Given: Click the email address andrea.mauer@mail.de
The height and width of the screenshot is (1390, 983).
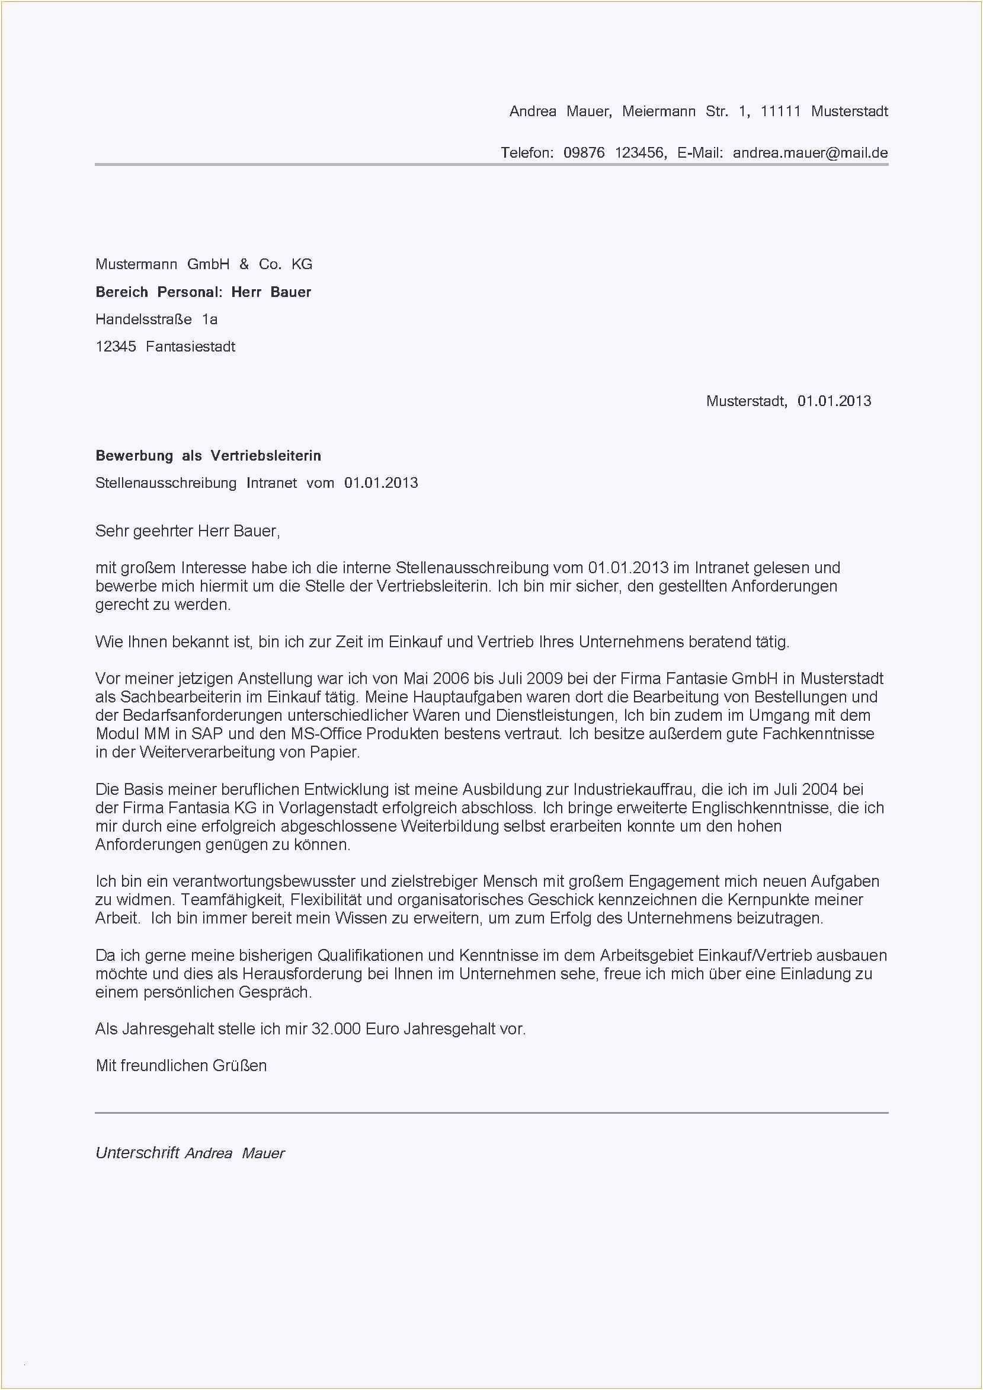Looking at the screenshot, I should click(x=810, y=152).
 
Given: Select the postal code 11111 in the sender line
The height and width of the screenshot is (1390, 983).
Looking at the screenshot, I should click(x=780, y=111).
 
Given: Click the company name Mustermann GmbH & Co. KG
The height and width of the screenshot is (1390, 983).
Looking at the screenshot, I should click(x=204, y=264).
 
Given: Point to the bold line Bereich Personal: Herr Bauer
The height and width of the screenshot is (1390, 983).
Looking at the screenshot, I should click(x=203, y=292).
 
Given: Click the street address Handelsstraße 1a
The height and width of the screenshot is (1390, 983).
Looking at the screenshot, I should click(x=156, y=319).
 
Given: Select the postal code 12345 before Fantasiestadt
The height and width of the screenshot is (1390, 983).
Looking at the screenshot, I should click(x=116, y=347).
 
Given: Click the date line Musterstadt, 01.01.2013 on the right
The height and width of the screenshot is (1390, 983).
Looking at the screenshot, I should click(x=788, y=401).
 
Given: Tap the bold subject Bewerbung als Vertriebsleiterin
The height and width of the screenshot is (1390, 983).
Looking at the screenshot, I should click(x=208, y=455).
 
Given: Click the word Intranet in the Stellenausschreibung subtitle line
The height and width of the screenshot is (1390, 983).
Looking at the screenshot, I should click(x=272, y=482).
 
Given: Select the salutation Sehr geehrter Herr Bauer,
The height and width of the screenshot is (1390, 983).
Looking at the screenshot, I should click(x=188, y=531).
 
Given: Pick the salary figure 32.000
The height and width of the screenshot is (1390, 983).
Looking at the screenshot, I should click(x=336, y=1028).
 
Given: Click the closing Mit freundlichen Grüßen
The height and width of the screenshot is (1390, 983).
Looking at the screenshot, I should click(x=181, y=1066).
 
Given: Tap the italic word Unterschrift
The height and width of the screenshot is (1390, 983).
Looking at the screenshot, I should click(x=137, y=1153).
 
